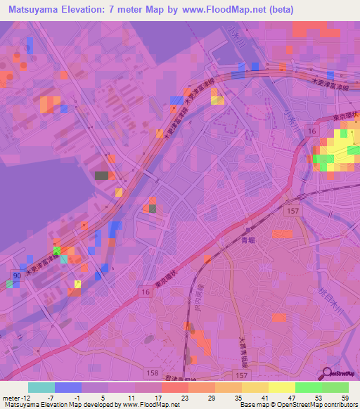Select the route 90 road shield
(x=17, y=275)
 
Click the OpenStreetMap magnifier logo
(x=329, y=373)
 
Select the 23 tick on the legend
(x=184, y=397)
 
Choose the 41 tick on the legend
(x=264, y=397)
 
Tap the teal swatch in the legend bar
(x=41, y=387)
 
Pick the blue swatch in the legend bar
(x=67, y=387)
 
